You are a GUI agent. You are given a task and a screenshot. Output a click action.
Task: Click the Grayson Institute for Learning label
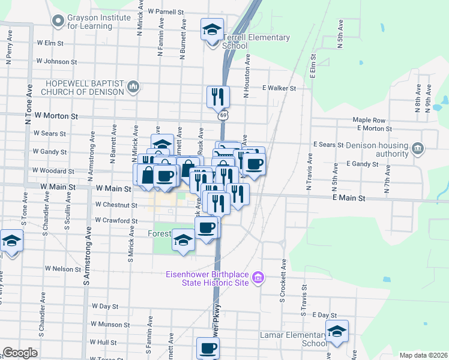[x=99, y=22]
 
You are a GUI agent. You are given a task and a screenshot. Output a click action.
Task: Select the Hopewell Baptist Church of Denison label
[x=83, y=88]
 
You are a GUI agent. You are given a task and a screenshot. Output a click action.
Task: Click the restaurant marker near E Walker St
[x=217, y=96]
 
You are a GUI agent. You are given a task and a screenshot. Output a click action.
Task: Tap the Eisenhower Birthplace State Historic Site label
[x=207, y=279]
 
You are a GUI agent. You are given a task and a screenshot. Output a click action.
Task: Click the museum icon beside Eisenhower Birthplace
[x=258, y=277]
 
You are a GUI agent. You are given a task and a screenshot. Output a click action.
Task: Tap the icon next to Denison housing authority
[x=418, y=148]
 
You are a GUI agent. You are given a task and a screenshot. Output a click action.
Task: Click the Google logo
[x=20, y=353]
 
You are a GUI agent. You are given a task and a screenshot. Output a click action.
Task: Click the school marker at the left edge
[x=10, y=241]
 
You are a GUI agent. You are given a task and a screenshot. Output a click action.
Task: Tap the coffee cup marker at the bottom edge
[x=208, y=348]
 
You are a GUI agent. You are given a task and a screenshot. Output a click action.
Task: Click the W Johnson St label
[x=56, y=61]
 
